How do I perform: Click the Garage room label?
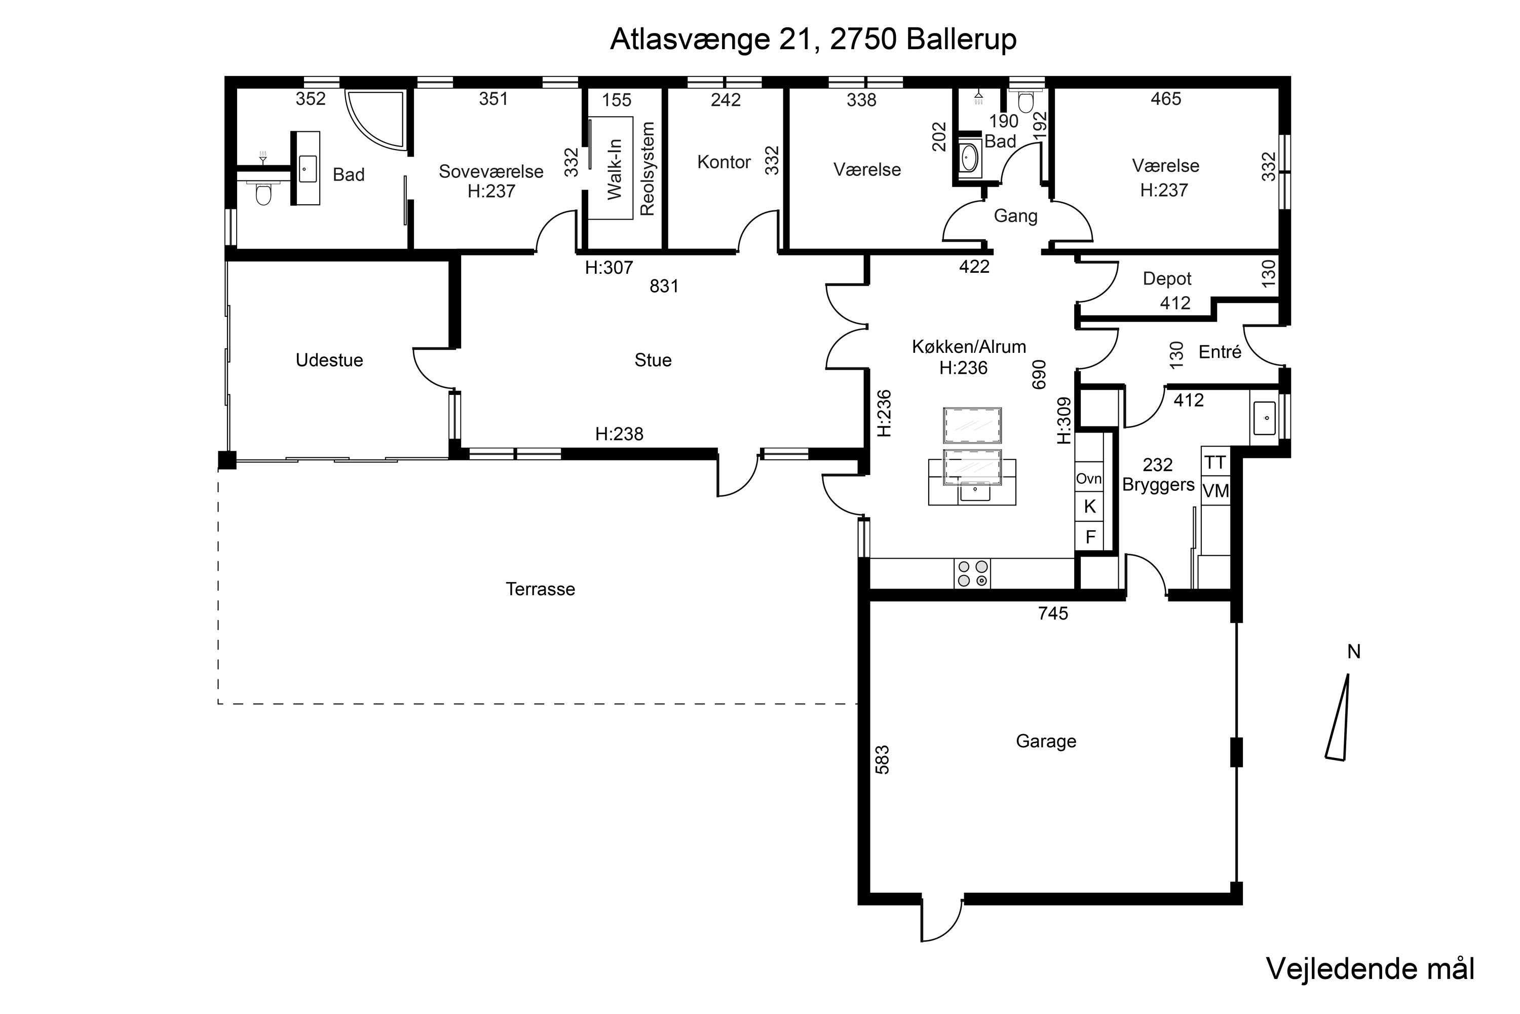(x=1046, y=741)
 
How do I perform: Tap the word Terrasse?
(x=540, y=589)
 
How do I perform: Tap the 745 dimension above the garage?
(x=1053, y=613)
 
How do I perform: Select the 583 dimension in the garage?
(x=882, y=760)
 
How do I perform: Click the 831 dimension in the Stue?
(x=664, y=286)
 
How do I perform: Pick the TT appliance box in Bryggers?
(x=1215, y=462)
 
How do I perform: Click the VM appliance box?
(x=1215, y=491)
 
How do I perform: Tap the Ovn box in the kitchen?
(x=1088, y=479)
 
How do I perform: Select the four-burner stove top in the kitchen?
(x=972, y=573)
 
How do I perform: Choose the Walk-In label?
(x=615, y=169)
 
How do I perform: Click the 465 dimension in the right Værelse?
(x=1166, y=99)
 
